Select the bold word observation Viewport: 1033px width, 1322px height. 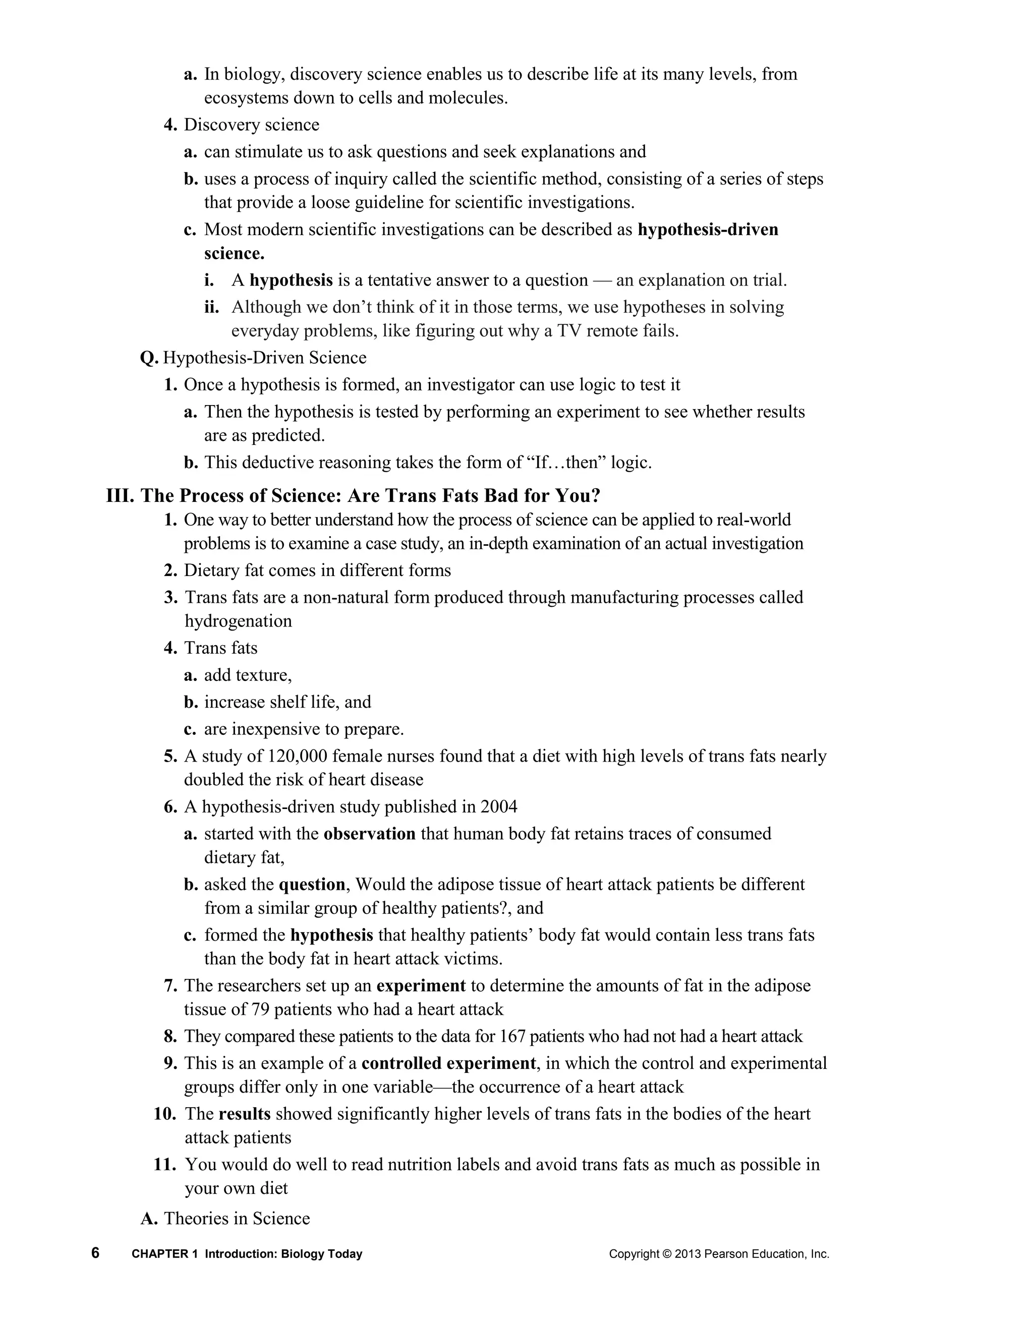click(x=369, y=834)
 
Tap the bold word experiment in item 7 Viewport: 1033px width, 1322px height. click(x=421, y=986)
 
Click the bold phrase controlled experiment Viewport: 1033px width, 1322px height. click(x=448, y=1064)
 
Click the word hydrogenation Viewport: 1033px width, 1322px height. click(x=238, y=621)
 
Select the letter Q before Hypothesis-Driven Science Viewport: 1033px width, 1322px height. click(x=148, y=358)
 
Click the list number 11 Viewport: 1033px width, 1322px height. click(x=164, y=1164)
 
